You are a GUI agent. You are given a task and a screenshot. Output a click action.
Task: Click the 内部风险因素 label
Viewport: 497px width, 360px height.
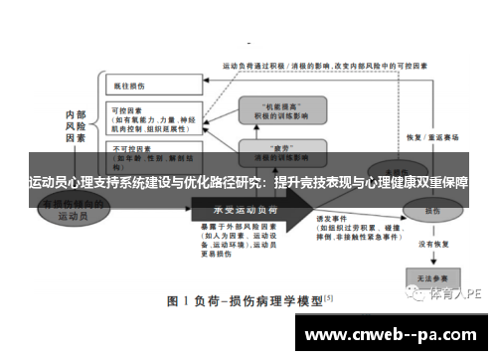pos(77,128)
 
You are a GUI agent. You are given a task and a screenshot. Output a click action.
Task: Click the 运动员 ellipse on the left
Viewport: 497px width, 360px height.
pos(76,208)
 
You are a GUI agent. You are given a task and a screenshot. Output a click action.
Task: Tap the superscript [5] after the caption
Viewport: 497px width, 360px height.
pos(329,296)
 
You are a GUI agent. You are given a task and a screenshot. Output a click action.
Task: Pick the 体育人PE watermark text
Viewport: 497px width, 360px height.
pos(458,294)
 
